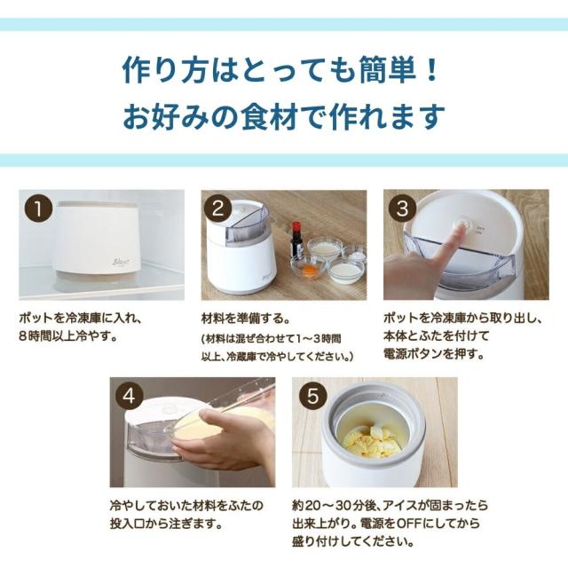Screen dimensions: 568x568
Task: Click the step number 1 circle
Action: pyautogui.click(x=38, y=209)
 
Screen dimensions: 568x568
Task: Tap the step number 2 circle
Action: pyautogui.click(x=217, y=209)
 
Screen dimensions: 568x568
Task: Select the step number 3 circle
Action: pyautogui.click(x=402, y=209)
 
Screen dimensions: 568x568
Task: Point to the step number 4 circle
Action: pyautogui.click(x=130, y=396)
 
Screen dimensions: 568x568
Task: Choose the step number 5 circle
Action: pyautogui.click(x=312, y=396)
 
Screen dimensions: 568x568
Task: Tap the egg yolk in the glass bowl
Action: pyautogui.click(x=310, y=270)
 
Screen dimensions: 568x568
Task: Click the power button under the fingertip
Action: pyautogui.click(x=463, y=224)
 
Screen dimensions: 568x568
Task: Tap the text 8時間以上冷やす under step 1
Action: pyautogui.click(x=69, y=336)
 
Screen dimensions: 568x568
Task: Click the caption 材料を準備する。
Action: pyautogui.click(x=246, y=319)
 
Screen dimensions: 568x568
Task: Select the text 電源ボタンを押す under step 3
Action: pyautogui.click(x=434, y=354)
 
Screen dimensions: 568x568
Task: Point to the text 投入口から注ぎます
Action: pyautogui.click(x=166, y=524)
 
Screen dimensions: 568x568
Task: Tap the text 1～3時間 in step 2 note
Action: pyautogui.click(x=319, y=339)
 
